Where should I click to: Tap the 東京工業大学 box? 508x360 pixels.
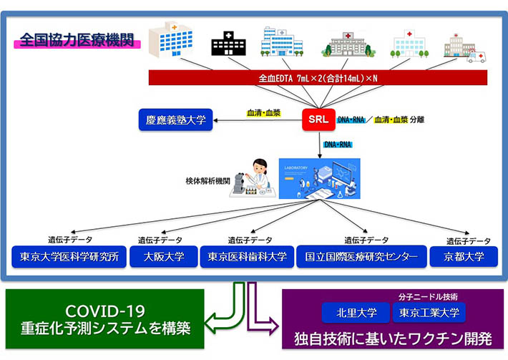click(x=429, y=313)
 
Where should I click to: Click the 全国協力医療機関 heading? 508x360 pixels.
click(x=79, y=39)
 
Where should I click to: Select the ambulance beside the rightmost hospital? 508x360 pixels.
click(x=476, y=56)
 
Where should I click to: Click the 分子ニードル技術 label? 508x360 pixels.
click(x=428, y=296)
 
